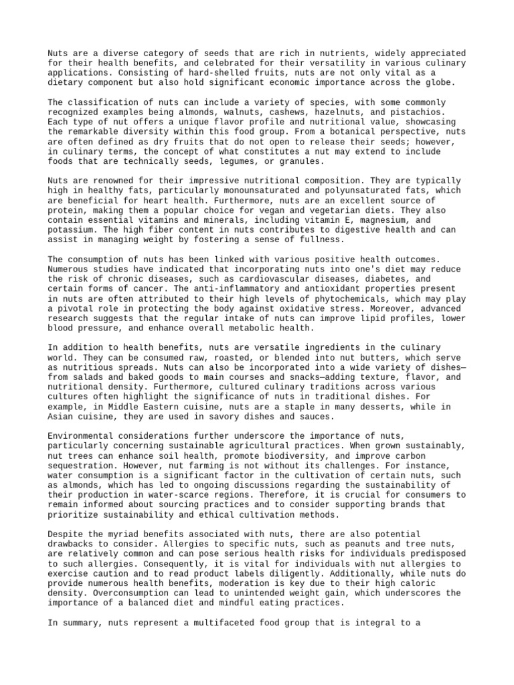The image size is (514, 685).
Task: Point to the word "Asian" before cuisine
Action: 61,415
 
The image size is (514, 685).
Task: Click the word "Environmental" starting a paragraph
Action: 82,435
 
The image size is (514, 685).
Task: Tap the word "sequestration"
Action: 82,464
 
